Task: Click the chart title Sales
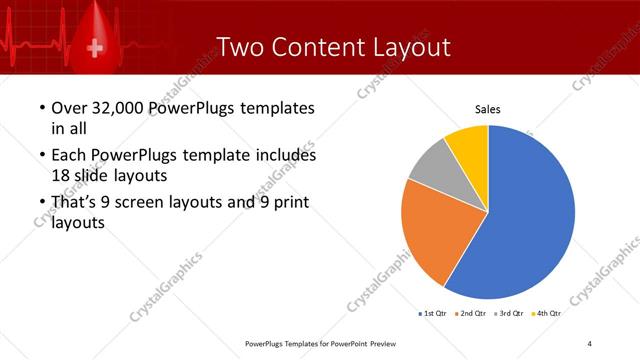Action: (x=487, y=110)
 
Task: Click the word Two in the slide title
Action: (x=241, y=47)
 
